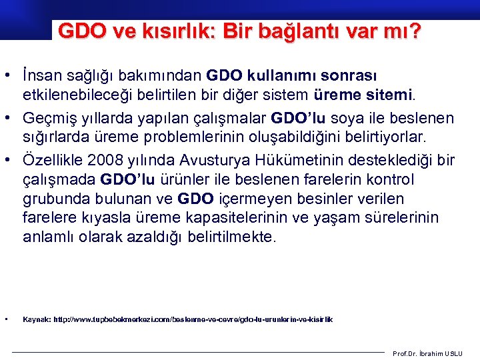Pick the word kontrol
click(390, 180)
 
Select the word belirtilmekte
click(231, 236)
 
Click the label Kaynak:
click(37, 320)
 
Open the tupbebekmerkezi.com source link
click(193, 320)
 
